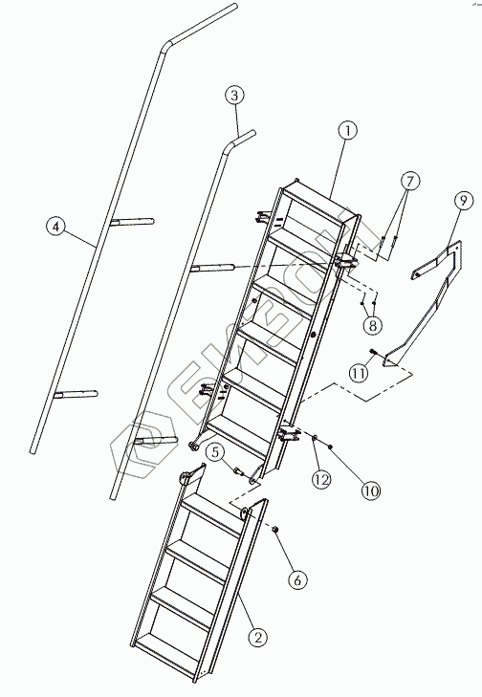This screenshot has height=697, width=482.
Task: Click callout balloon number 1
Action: coord(347,131)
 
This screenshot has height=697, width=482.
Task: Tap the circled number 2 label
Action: coord(258,637)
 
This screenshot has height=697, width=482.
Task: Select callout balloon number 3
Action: coord(234,95)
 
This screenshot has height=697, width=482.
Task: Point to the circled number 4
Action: coord(55,227)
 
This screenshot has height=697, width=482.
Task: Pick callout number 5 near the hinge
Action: coord(215,452)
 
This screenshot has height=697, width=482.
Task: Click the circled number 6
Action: coord(297,579)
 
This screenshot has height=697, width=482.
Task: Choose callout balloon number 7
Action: coord(409,181)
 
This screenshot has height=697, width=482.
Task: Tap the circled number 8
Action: coord(373,325)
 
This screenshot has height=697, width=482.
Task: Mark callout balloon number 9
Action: coord(463,201)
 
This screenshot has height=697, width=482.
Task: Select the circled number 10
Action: coord(371,490)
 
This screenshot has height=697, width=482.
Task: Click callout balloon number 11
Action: coord(359,373)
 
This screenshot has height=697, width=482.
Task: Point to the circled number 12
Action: coord(321,479)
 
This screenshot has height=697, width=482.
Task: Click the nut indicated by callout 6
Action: coord(274,529)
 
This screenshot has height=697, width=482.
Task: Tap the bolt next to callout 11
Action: coord(373,352)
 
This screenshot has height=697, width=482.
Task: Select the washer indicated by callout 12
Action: coord(315,438)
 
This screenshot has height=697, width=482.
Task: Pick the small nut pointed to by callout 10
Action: coord(330,446)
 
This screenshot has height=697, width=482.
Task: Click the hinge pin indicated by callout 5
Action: coord(237,469)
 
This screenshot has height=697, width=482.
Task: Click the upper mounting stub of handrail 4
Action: coord(132,221)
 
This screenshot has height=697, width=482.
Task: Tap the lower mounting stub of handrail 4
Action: coord(76,394)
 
